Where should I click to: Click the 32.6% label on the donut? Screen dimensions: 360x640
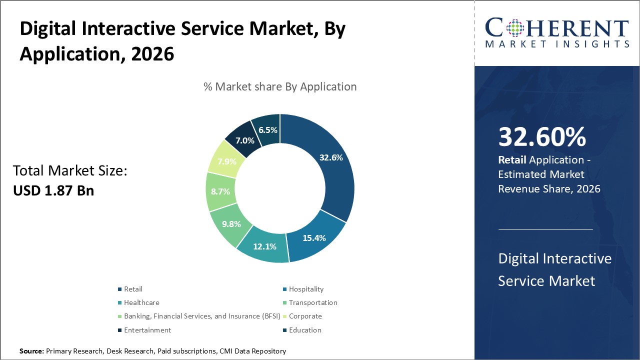click(331, 157)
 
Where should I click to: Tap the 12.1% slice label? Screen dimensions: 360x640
click(265, 246)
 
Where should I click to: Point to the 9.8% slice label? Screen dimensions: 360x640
click(231, 224)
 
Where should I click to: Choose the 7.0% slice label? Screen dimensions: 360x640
click(245, 140)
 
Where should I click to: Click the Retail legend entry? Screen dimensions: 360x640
click(133, 289)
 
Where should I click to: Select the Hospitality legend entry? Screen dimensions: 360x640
click(306, 289)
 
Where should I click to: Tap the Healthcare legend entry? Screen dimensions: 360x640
click(141, 302)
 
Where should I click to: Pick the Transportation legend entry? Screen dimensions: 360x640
click(313, 302)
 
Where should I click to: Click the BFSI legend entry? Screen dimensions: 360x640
click(199, 316)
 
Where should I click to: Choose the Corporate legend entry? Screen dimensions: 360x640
click(305, 316)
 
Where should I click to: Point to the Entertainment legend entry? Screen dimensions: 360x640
click(147, 330)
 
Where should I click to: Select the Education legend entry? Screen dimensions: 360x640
click(305, 330)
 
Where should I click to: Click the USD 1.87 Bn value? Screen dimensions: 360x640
click(53, 190)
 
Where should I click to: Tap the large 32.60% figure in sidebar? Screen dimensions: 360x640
click(542, 137)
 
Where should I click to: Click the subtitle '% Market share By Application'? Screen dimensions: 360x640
click(280, 86)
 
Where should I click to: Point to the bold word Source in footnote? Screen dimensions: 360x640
click(31, 351)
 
